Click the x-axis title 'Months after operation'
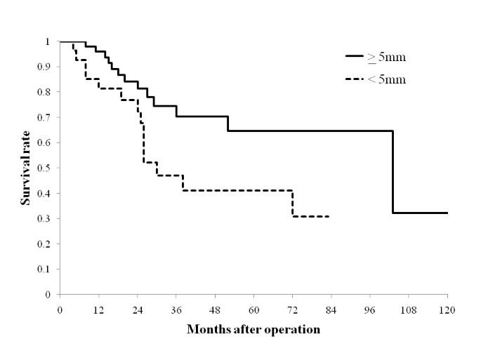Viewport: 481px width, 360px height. (x=253, y=328)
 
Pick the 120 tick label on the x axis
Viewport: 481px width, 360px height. (x=447, y=309)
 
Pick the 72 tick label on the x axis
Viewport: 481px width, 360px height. (x=292, y=309)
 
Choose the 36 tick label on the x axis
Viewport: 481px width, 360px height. (x=176, y=309)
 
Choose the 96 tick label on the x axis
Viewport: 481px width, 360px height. (x=370, y=309)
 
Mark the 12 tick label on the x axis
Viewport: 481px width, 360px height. (x=98, y=309)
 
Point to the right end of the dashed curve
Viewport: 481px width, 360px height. (x=329, y=217)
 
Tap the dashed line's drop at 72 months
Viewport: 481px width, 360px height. (x=292, y=204)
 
